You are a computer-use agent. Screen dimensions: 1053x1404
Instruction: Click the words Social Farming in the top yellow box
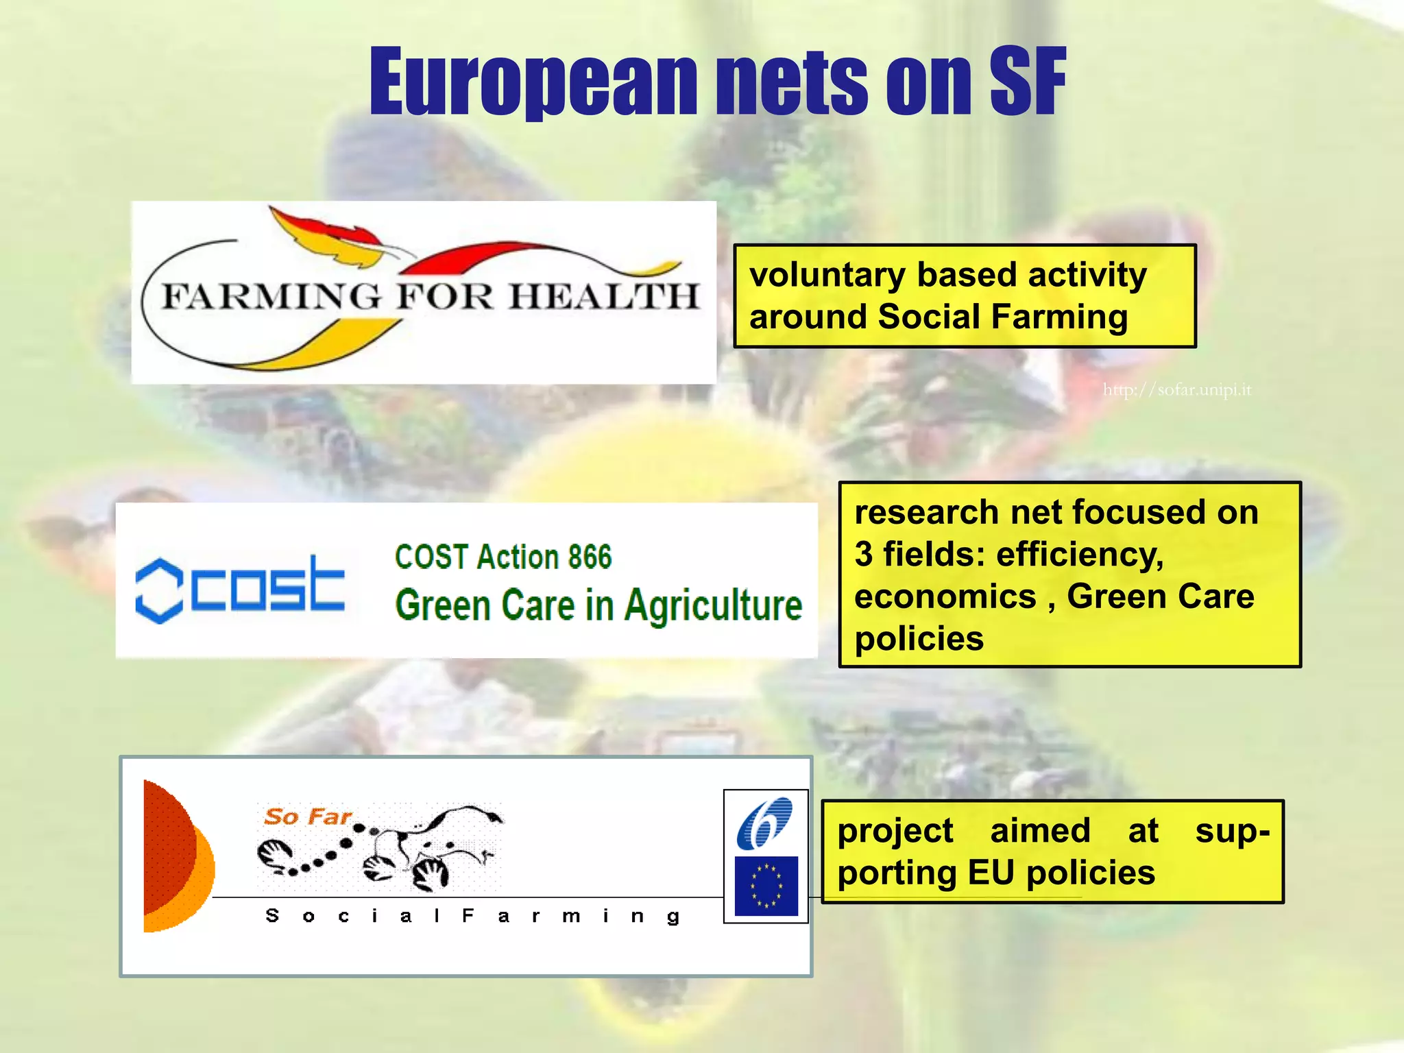[x=1002, y=317]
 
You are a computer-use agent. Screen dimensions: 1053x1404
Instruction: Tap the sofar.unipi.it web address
[x=1176, y=390]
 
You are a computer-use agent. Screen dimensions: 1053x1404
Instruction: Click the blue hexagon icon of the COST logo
[x=159, y=590]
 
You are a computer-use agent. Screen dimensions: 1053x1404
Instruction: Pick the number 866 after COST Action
[x=589, y=557]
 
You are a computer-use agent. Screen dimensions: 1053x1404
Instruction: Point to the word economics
[x=945, y=596]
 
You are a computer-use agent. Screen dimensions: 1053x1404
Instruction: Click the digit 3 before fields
[x=864, y=554]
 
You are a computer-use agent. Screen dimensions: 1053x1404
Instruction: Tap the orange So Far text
[x=308, y=816]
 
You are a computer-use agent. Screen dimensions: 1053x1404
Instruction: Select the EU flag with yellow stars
[x=766, y=886]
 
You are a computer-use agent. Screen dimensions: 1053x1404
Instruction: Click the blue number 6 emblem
[x=764, y=823]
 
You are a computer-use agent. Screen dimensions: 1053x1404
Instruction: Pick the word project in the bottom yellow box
[x=895, y=832]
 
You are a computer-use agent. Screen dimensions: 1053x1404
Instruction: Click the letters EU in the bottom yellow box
[x=991, y=873]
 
